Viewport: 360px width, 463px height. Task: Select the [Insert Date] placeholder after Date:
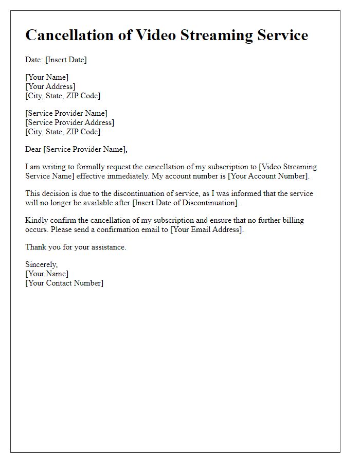tap(66, 60)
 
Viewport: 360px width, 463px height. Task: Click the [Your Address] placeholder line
tap(50, 86)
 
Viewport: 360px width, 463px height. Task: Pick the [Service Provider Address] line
tap(70, 122)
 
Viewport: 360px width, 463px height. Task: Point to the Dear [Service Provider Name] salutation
tap(76, 149)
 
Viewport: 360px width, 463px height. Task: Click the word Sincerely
tap(42, 264)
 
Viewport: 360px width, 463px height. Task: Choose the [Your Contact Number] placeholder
tap(64, 283)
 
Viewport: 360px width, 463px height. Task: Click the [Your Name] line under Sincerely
tap(47, 274)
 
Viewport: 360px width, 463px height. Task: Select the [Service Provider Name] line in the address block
tap(66, 113)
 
